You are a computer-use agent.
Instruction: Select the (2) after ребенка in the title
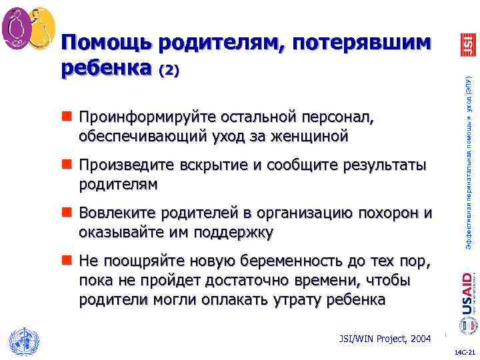click(167, 70)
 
